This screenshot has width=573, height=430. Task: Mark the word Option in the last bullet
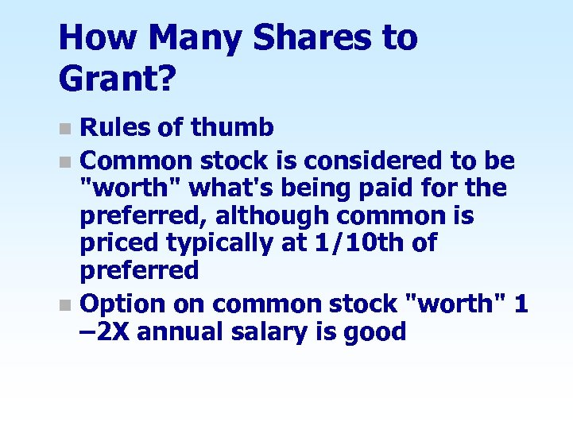[x=123, y=304]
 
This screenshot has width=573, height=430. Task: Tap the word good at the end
[x=374, y=331]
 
